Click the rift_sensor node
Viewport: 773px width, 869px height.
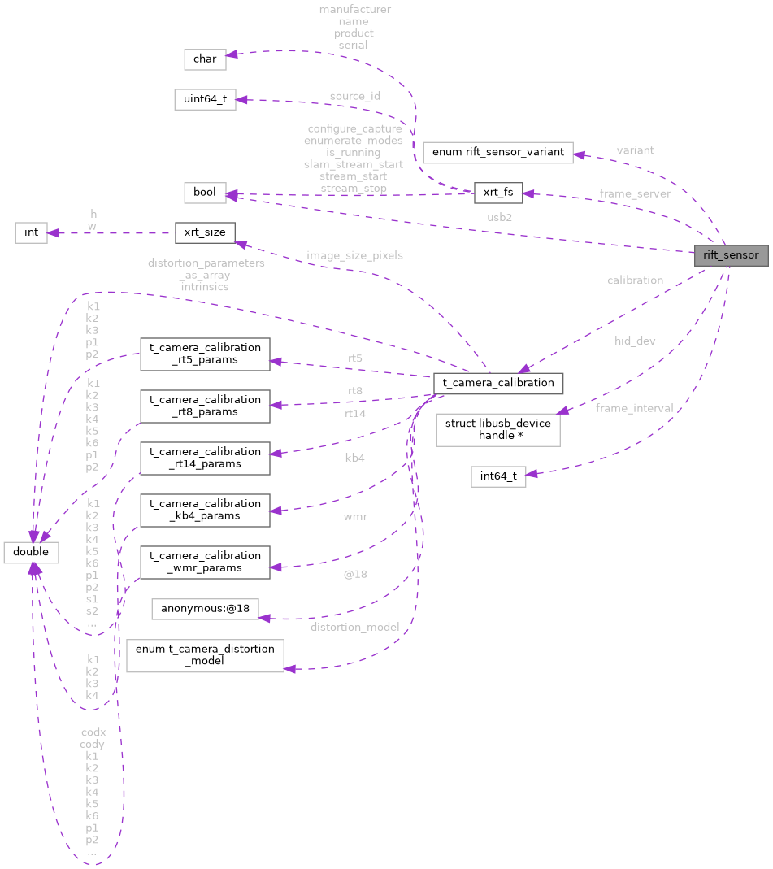730,255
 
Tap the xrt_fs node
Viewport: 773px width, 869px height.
497,193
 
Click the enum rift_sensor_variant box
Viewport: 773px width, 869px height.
498,152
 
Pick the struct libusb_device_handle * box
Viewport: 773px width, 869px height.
497,429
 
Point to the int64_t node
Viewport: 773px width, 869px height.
498,476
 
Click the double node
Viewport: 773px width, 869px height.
31,552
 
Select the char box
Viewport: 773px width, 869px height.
204,59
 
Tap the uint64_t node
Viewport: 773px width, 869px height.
205,100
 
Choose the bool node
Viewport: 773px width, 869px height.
204,193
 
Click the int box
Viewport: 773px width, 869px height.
31,232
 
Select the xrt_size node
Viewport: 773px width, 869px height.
205,232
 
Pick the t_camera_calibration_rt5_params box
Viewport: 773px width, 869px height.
204,354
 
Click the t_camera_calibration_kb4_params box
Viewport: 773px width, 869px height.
204,510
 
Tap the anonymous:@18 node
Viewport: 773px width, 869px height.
205,609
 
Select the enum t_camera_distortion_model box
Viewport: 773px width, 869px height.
205,654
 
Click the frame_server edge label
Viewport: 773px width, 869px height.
635,193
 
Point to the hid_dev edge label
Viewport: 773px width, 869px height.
635,341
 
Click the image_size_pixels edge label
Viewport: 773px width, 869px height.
354,255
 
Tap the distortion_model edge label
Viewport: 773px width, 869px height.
354,627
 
